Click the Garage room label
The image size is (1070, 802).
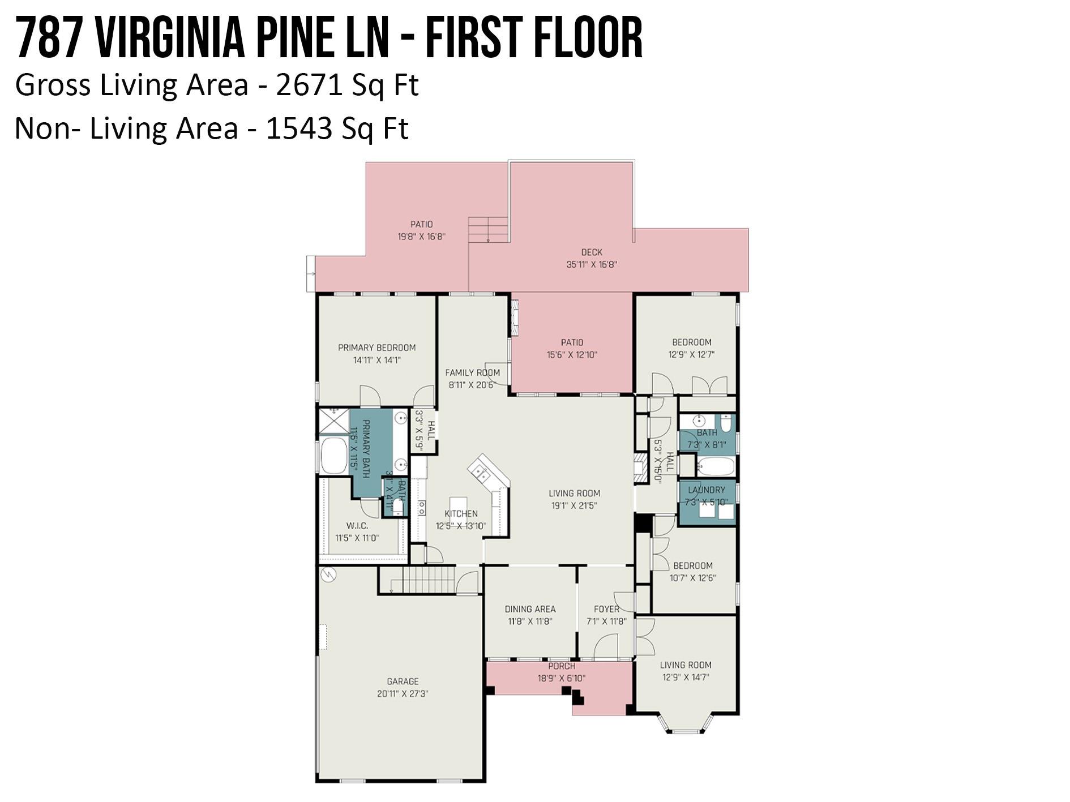[403, 681]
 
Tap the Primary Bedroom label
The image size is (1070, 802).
[376, 348]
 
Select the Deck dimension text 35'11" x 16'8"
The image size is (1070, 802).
[591, 264]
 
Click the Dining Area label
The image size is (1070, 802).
[530, 609]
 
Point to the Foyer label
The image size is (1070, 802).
[606, 609]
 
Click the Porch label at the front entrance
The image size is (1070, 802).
[561, 666]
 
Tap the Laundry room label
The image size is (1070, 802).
[706, 490]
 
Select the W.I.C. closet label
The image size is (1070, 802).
[357, 526]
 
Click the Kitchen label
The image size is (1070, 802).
[461, 513]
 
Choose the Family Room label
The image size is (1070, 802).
[472, 372]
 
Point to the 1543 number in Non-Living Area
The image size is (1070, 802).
[298, 128]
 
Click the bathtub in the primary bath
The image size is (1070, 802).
[333, 456]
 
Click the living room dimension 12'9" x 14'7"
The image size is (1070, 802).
[685, 677]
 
